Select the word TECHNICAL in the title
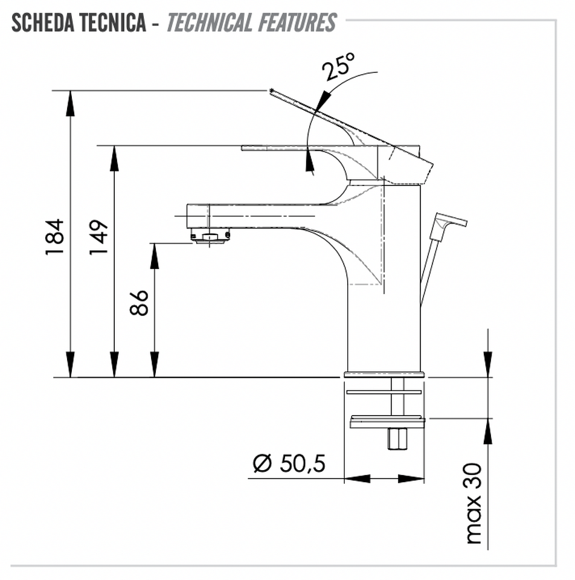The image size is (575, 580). [209, 22]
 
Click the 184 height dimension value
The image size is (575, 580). [55, 237]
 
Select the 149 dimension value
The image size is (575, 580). [98, 237]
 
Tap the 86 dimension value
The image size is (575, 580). [139, 302]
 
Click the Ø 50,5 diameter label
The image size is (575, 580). [289, 463]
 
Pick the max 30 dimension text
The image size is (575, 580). [474, 503]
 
